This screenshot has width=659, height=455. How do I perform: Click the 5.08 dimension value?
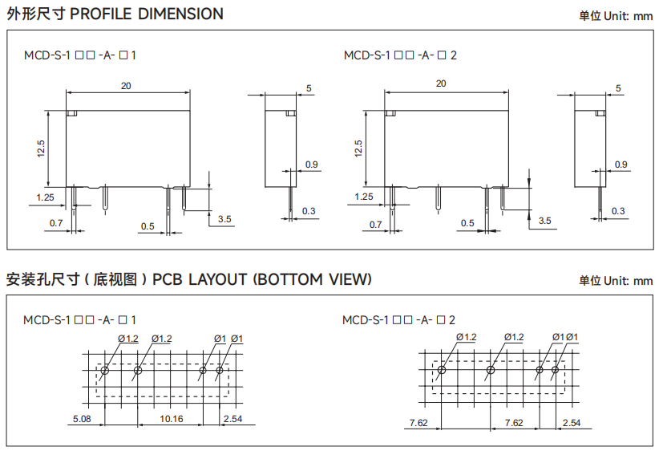pos(82,419)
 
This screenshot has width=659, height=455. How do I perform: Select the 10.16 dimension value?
pos(172,419)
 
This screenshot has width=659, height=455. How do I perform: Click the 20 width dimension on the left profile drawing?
pos(126,86)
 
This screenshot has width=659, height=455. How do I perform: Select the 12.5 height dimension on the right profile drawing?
pos(358,148)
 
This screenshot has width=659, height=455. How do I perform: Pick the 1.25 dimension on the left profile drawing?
pos(46,197)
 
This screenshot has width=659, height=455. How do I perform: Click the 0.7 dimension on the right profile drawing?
pos(375,225)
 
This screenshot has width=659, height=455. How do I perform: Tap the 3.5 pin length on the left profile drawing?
pos(224,219)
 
